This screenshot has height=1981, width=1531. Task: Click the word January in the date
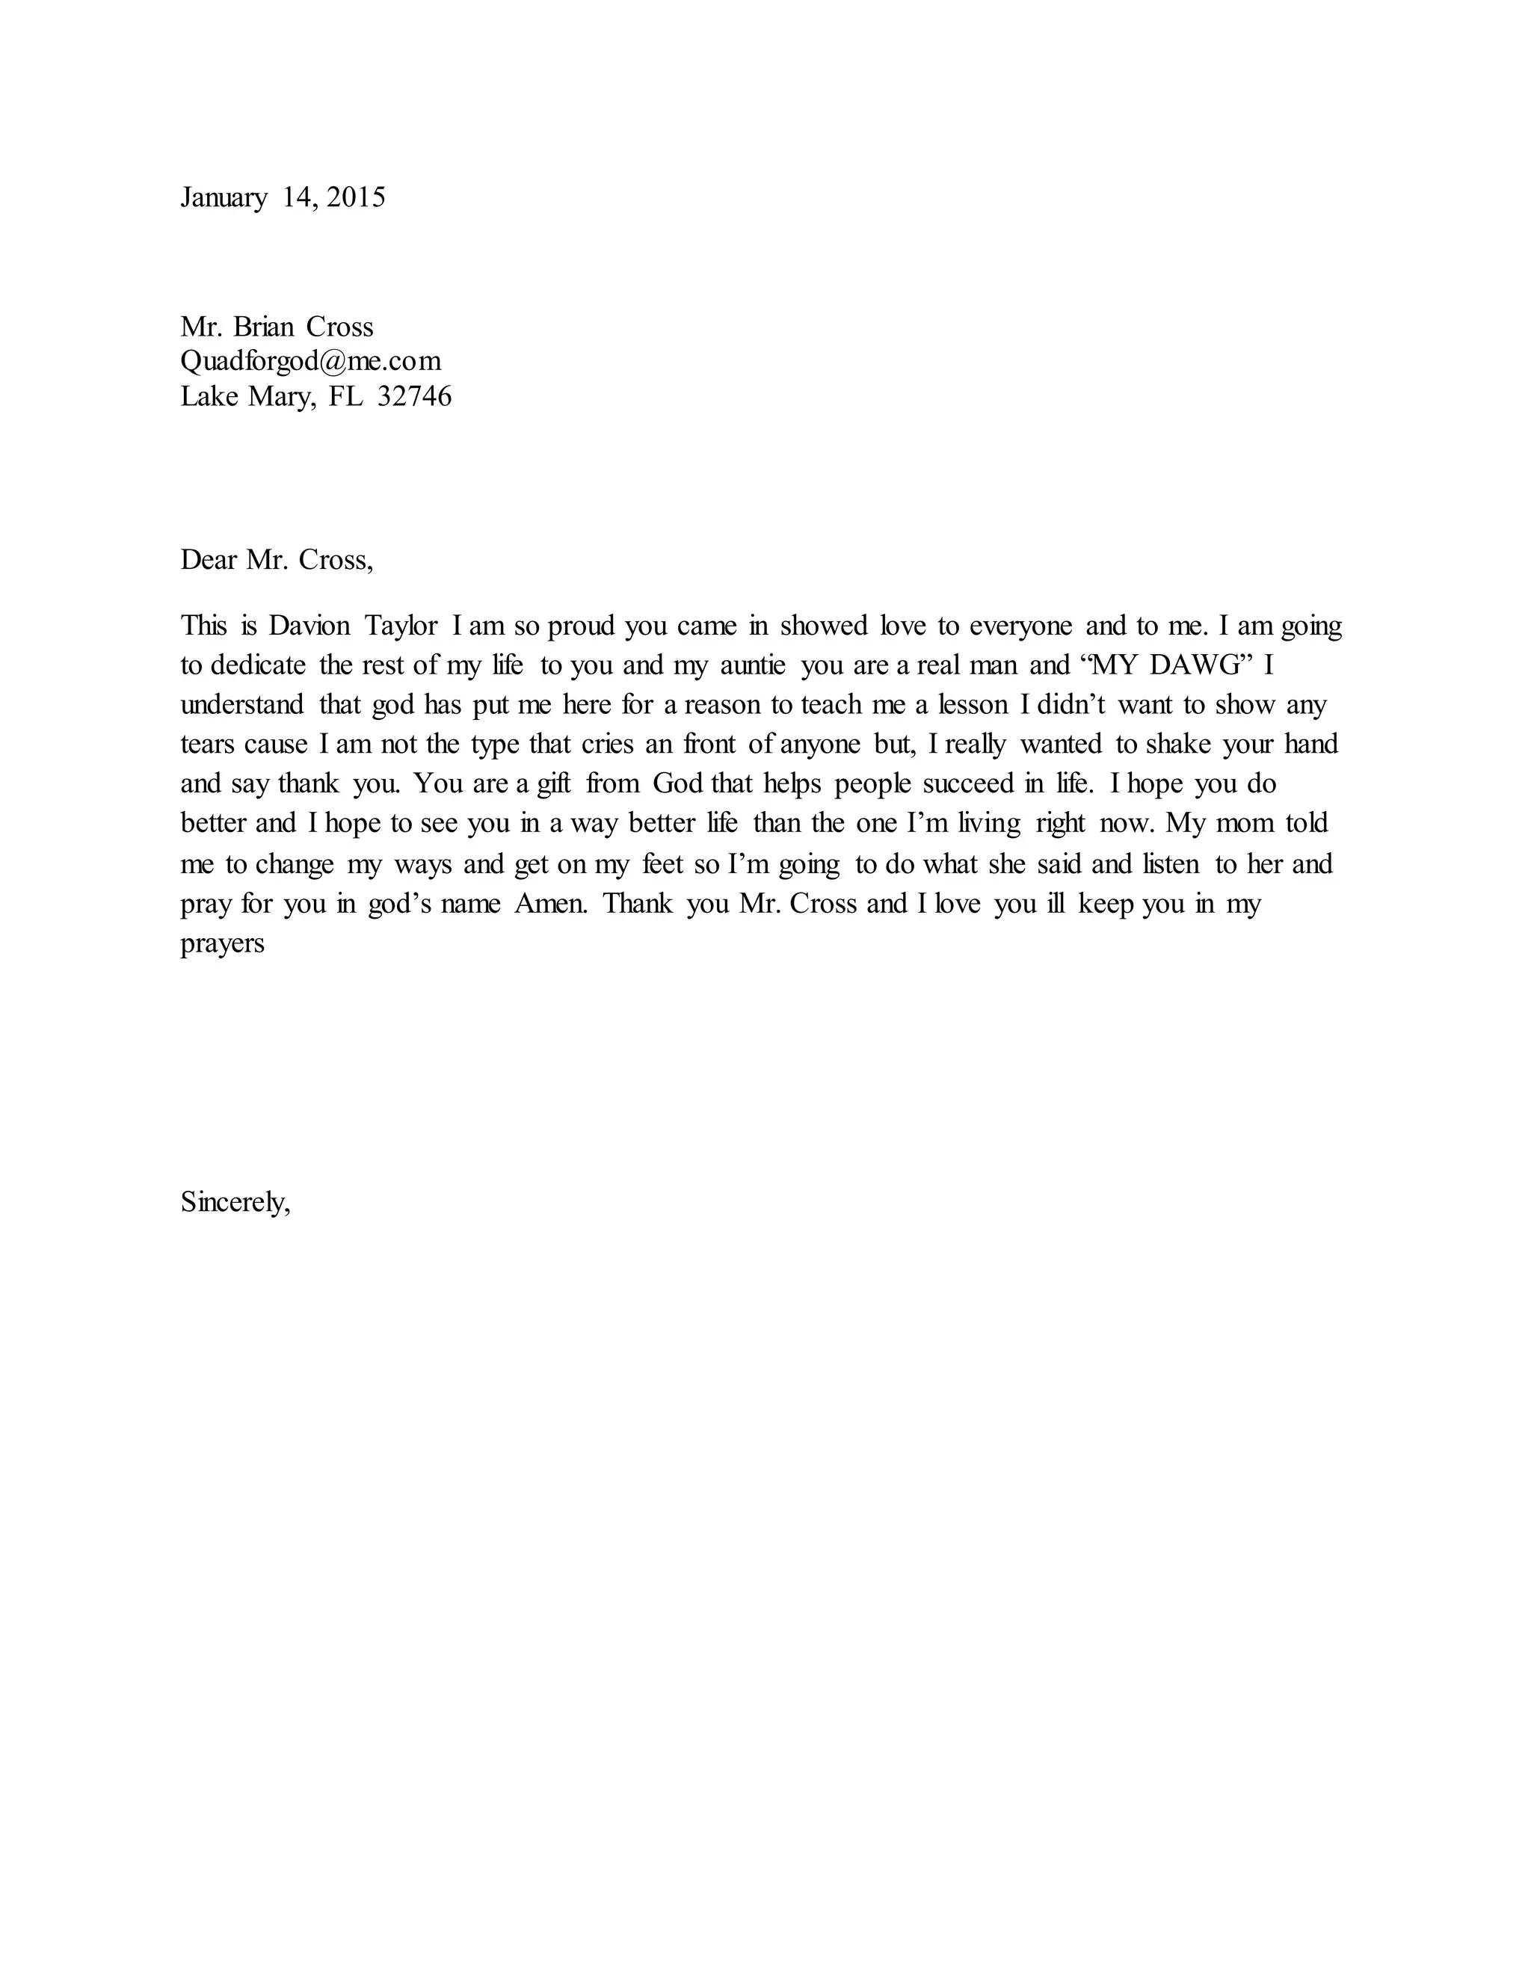coord(223,198)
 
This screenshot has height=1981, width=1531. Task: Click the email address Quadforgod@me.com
coord(310,361)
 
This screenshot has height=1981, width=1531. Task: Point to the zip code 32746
coord(413,396)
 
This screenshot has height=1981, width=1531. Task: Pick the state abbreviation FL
coord(345,396)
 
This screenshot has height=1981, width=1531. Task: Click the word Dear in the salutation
coord(209,560)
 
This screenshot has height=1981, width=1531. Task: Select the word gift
coord(553,783)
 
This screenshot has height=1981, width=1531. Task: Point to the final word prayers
coord(222,944)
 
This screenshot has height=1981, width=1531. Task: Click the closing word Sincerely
coord(235,1203)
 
